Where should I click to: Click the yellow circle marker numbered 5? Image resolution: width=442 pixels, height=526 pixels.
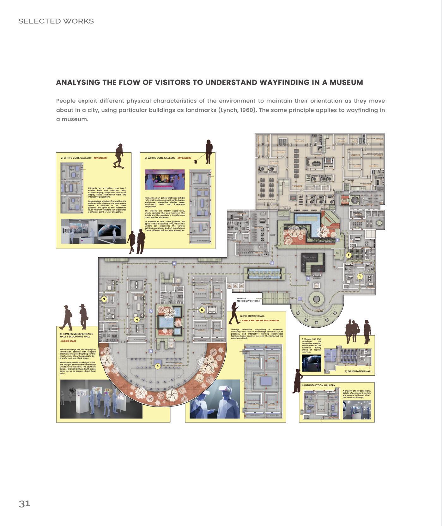pos(158,366)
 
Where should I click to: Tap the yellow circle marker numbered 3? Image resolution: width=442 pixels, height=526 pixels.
pos(104,299)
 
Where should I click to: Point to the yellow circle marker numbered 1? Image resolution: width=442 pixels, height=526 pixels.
pos(360,276)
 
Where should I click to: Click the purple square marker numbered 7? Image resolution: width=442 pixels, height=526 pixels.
pos(308,278)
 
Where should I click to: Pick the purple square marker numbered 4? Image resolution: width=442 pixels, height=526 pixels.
pos(174,263)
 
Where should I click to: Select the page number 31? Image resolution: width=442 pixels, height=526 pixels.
pos(24,504)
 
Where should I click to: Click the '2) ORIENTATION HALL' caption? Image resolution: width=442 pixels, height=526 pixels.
pos(358,371)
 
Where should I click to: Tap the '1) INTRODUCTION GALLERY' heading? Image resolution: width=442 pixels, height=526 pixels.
pos(318,385)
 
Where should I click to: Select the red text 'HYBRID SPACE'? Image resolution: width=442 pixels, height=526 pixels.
pos(69,341)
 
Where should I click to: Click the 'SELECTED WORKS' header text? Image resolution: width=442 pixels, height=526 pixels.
pos(56,21)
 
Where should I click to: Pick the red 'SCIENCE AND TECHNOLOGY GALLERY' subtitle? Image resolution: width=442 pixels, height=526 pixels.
pos(260,320)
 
